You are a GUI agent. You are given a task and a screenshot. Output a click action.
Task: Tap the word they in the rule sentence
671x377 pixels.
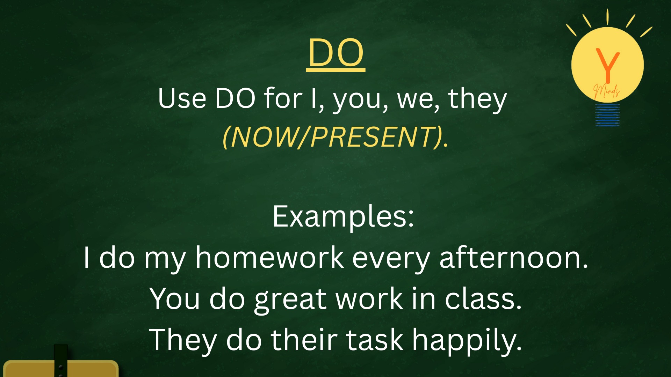point(477,100)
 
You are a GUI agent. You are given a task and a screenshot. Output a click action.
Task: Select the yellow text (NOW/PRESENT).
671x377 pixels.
point(335,136)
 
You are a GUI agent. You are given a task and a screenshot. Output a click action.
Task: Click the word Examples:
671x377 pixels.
point(343,217)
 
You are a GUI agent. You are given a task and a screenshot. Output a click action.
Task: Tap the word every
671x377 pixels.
point(391,260)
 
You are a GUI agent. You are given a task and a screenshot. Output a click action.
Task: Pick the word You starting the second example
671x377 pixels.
point(175,299)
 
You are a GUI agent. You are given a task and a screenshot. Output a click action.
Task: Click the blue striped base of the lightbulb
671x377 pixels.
point(608,115)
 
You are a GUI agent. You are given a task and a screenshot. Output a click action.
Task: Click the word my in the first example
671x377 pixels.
point(165,260)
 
